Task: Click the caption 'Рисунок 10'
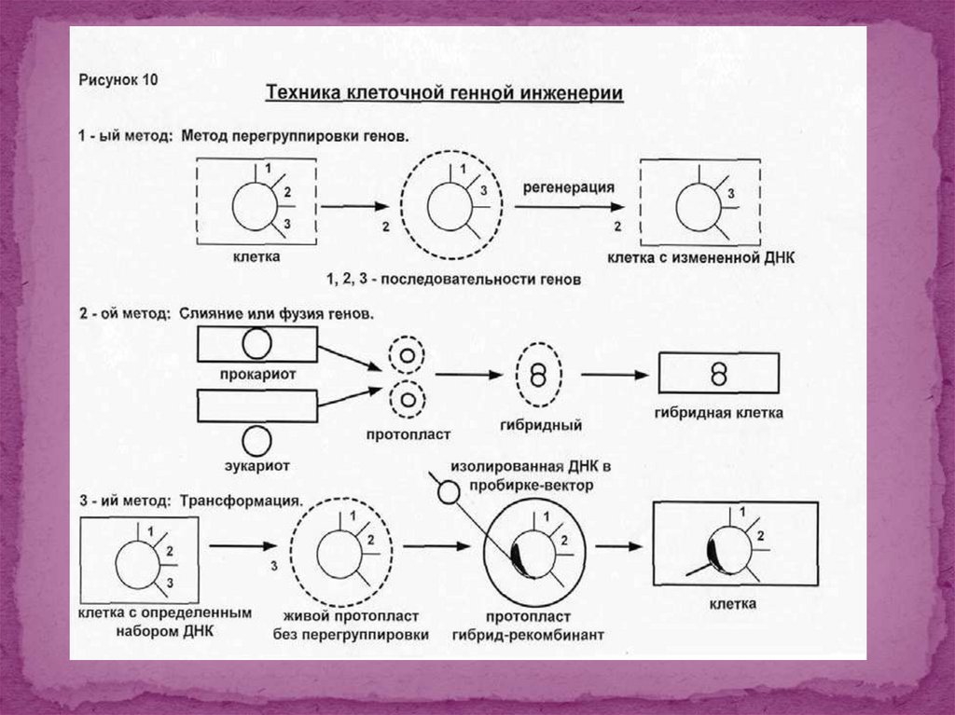coord(118,80)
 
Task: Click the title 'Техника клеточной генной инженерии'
coord(445,94)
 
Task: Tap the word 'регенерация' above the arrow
coord(567,186)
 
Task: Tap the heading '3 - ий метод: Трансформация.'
coord(189,501)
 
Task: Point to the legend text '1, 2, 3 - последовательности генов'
coord(453,280)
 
